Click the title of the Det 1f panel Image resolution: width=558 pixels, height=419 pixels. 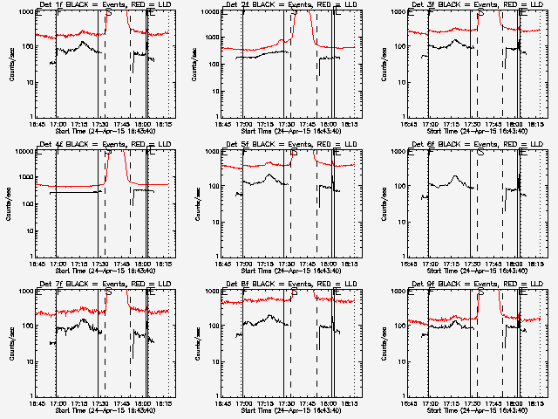103,4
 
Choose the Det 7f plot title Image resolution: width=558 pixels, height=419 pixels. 103,284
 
